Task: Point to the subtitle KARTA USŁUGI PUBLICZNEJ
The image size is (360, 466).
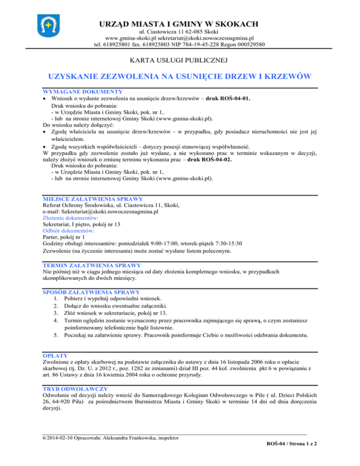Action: point(180,60)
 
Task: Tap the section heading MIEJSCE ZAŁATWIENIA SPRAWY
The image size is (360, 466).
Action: point(92,199)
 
